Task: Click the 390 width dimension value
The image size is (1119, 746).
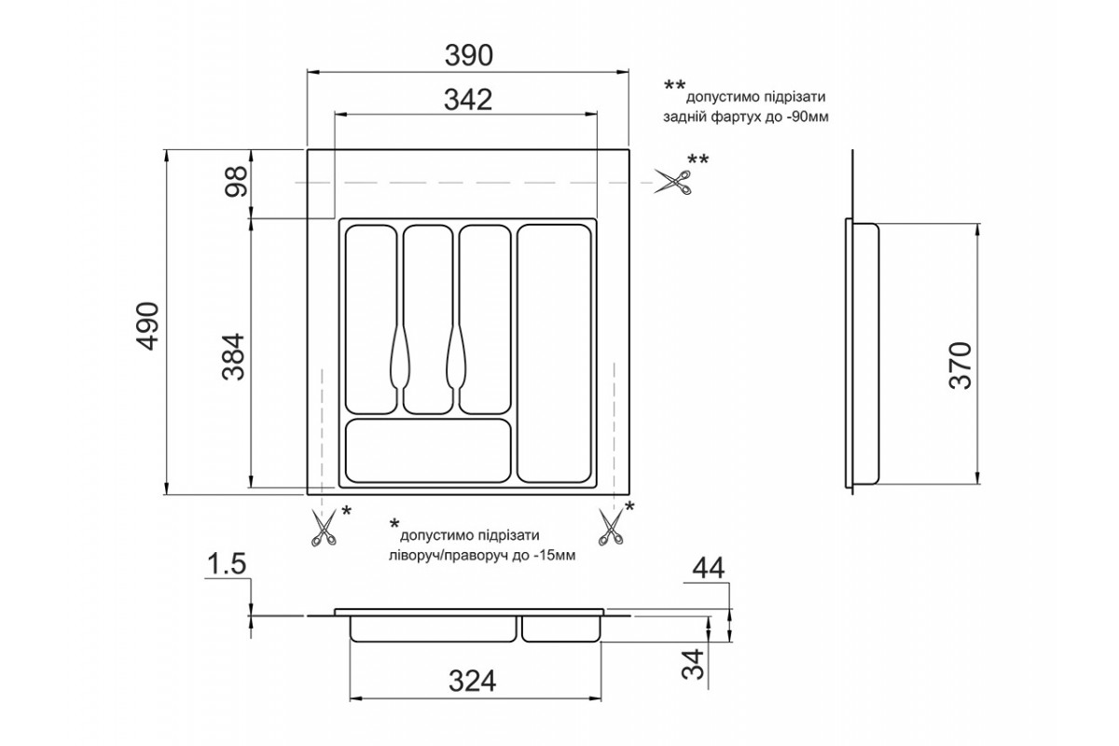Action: click(x=468, y=55)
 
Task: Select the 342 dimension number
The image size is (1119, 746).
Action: click(x=468, y=100)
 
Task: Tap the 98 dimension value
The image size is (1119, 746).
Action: click(x=236, y=182)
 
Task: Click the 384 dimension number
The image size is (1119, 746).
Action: click(x=234, y=357)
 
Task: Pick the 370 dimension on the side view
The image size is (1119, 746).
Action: click(x=960, y=366)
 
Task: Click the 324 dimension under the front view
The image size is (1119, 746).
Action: click(x=472, y=681)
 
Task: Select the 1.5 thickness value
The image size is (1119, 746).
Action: click(x=228, y=563)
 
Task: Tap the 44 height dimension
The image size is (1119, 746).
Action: click(x=709, y=569)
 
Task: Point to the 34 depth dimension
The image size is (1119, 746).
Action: click(x=693, y=664)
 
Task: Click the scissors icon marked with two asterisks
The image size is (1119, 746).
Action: click(x=673, y=182)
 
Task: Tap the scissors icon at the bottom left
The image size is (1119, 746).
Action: click(x=323, y=528)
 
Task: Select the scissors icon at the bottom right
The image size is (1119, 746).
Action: click(x=611, y=526)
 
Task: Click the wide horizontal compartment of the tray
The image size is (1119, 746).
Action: click(x=428, y=451)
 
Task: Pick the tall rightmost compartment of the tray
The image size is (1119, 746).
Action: click(x=554, y=353)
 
